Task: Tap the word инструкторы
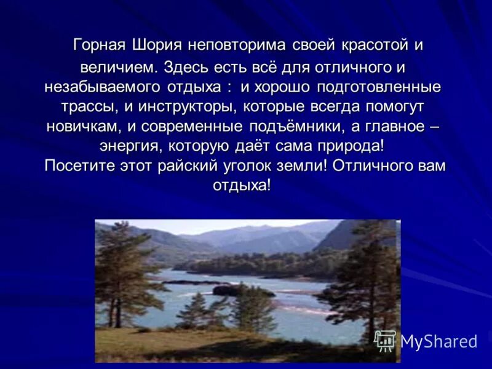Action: (188, 106)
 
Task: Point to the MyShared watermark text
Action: (438, 341)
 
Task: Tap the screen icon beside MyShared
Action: (386, 341)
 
